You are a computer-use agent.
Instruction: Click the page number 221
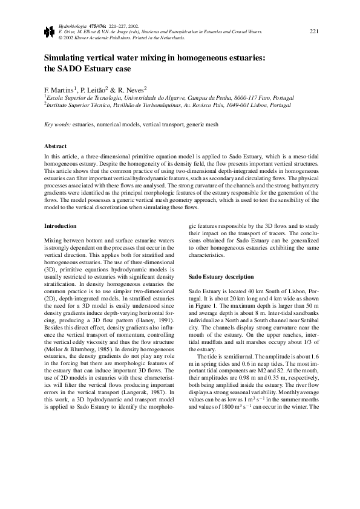pos(314,31)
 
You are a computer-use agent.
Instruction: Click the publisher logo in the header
pos(49,33)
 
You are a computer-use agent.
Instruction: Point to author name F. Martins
pos(60,88)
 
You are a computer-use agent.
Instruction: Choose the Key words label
pos(57,125)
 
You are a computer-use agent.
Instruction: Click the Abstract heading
pos(56,146)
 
